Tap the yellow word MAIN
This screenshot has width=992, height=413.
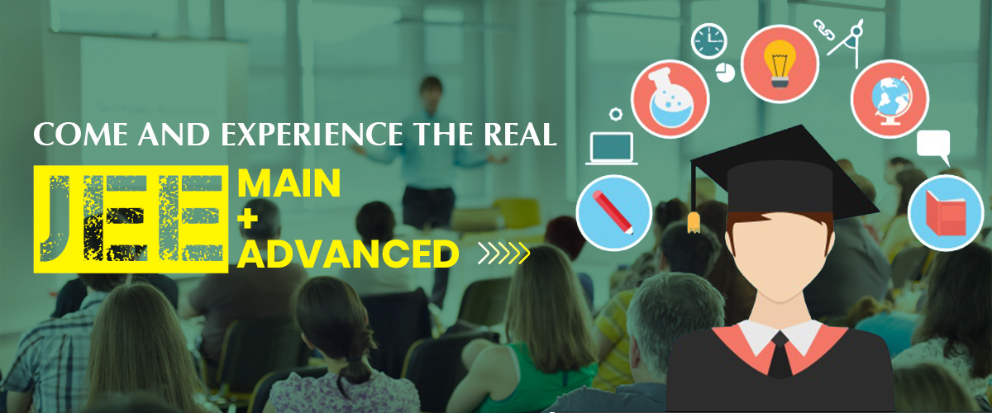click(289, 183)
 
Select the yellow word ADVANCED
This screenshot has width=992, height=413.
click(348, 254)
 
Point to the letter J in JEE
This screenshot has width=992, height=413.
click(56, 218)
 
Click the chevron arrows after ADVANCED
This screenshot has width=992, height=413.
click(504, 254)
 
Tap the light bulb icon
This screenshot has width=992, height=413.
click(780, 64)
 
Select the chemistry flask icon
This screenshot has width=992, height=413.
click(670, 99)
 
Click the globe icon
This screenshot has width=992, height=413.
click(889, 99)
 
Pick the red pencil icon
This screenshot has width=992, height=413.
click(613, 212)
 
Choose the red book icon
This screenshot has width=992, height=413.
click(946, 213)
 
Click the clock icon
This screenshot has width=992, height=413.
click(708, 41)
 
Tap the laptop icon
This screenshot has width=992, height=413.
click(612, 149)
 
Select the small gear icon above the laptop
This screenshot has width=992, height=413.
click(616, 114)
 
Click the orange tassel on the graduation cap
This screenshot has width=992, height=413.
click(694, 223)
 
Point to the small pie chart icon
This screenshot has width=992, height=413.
click(725, 72)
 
